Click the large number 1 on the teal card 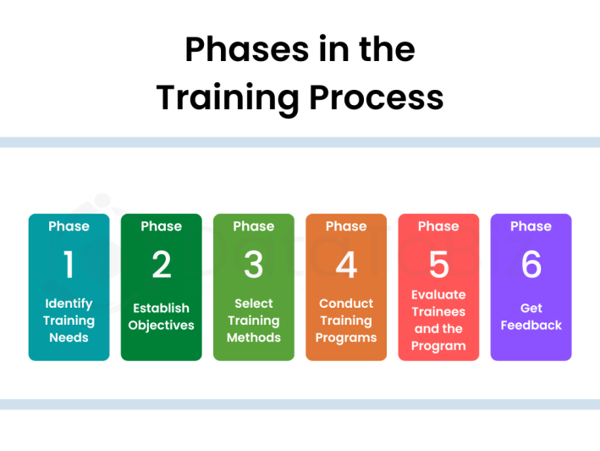click(x=69, y=265)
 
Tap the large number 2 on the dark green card click(x=161, y=265)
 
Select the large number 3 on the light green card click(x=253, y=265)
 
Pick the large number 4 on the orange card click(x=346, y=265)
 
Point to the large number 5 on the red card click(x=438, y=265)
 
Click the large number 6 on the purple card click(x=531, y=265)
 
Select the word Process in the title click(x=376, y=97)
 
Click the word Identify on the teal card click(x=69, y=303)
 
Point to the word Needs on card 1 click(x=69, y=337)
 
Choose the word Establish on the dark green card click(x=161, y=308)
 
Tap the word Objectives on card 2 click(x=161, y=326)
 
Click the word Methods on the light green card click(x=253, y=337)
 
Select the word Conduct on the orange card click(x=346, y=303)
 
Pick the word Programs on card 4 click(x=346, y=337)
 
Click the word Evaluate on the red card click(x=438, y=295)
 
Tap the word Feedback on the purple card click(x=531, y=326)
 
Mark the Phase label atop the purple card click(x=531, y=226)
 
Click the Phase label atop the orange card click(x=346, y=226)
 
